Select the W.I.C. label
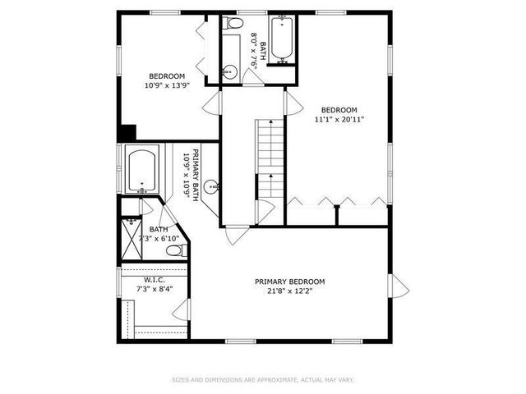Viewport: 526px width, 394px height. [155, 280]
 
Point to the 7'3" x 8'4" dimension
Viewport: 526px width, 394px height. [155, 290]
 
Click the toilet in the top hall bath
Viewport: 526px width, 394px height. [233, 25]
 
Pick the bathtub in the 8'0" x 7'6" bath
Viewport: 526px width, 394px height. [282, 39]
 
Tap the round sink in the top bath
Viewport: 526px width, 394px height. [230, 72]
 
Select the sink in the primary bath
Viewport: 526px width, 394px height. [211, 186]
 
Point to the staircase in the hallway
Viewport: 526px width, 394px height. [270, 156]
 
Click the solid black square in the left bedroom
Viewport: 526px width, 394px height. [127, 133]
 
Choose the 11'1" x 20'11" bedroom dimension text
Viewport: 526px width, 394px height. [339, 119]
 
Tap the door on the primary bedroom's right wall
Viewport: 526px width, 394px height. [398, 286]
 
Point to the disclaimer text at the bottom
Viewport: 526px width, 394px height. [262, 379]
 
